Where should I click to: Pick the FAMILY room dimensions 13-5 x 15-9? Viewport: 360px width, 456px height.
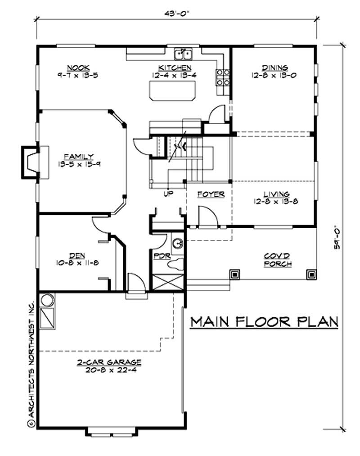(x=78, y=164)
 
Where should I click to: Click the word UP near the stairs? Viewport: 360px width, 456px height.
(x=168, y=194)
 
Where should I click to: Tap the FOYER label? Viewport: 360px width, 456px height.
(x=211, y=194)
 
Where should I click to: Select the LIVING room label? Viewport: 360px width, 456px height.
(x=276, y=194)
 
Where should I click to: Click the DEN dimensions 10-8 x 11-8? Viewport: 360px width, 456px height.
(x=78, y=262)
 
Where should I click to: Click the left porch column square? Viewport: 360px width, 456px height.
(x=234, y=274)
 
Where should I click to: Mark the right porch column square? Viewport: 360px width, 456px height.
(x=311, y=274)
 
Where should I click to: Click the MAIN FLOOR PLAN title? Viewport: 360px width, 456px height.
(x=264, y=322)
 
